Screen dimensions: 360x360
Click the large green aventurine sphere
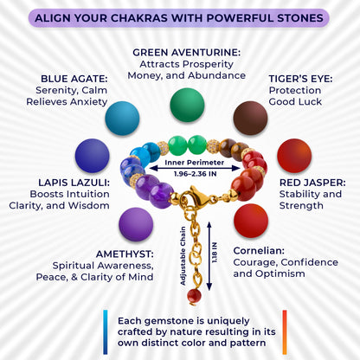pos(187,105)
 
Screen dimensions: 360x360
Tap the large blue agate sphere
pos(122,119)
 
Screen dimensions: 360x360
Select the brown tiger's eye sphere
pos(250,118)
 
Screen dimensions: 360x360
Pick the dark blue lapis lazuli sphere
pos(93,156)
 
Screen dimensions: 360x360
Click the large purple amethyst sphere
pos(136,224)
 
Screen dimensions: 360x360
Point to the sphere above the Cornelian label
pos(251,221)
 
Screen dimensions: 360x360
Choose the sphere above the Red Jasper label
pos(294,156)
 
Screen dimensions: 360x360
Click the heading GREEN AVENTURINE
pos(186,53)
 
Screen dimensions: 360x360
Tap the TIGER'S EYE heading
pos(300,79)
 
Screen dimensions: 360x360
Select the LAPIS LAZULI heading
pos(74,183)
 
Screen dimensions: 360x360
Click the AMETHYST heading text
pos(125,254)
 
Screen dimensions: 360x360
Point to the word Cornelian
pos(259,251)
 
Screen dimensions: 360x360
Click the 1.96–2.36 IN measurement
pos(195,174)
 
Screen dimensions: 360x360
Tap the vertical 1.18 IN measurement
pos(215,253)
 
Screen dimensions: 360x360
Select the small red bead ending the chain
pos(194,296)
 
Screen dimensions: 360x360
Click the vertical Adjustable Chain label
pos(183,256)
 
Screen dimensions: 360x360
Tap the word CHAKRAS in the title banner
pos(139,18)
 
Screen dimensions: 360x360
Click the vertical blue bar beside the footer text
pos(106,332)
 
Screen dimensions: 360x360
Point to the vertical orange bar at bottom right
pos(285,332)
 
